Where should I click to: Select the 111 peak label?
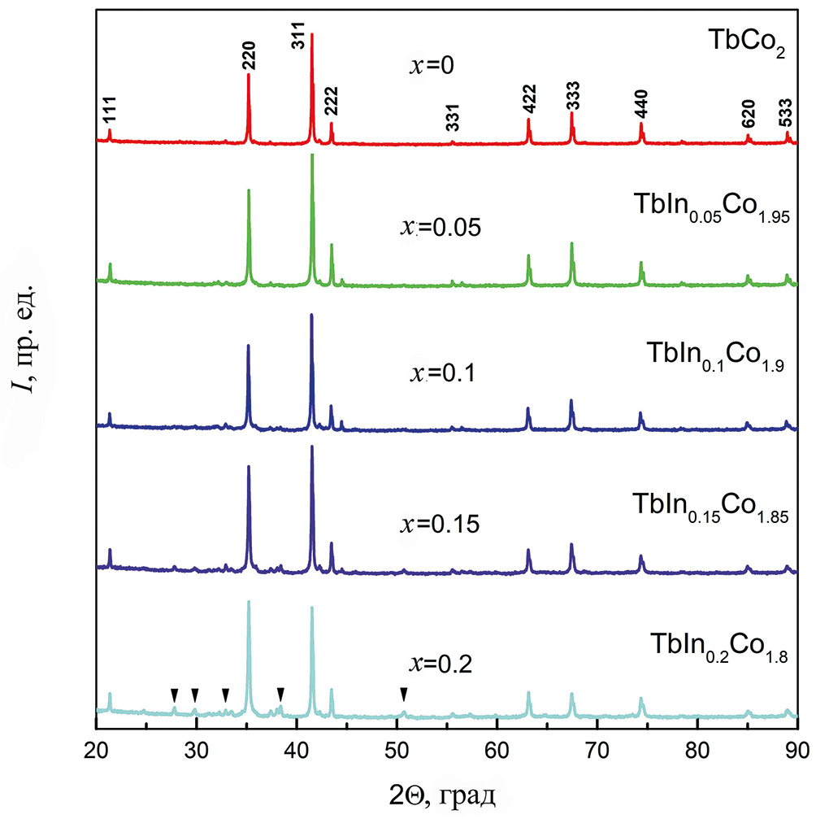point(109,116)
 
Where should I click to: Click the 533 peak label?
point(785,117)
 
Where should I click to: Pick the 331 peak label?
point(452,118)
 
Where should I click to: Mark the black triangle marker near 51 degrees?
point(404,693)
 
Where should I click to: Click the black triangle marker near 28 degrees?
point(174,693)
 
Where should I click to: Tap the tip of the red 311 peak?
point(312,34)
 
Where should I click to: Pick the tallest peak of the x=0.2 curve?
point(249,602)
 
